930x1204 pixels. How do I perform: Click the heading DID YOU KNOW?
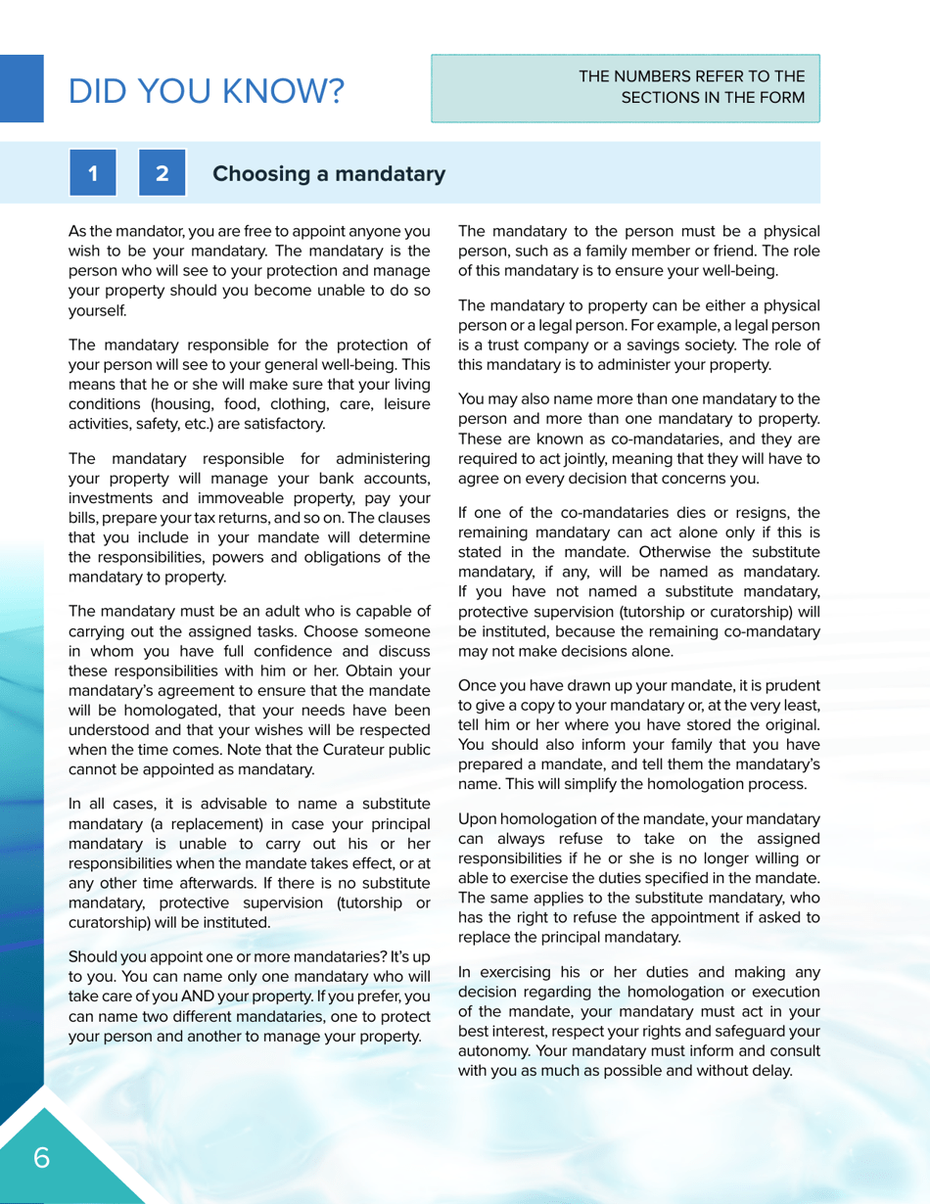tap(206, 91)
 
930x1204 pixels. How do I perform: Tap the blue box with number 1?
tap(92, 174)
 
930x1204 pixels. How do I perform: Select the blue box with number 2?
tap(163, 174)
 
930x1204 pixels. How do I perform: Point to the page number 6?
tap(42, 1158)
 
